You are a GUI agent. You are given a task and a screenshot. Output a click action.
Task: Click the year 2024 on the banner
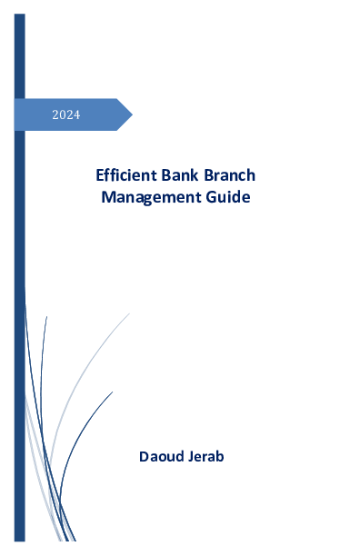click(x=65, y=114)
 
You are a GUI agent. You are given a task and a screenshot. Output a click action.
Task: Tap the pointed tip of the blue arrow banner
click(x=131, y=114)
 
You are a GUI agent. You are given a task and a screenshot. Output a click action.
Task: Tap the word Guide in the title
click(x=228, y=195)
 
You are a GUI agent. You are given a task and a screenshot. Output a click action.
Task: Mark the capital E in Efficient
click(x=100, y=174)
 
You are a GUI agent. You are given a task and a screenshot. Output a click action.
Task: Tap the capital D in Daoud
click(x=144, y=455)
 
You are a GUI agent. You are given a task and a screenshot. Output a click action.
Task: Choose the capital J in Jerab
click(x=191, y=455)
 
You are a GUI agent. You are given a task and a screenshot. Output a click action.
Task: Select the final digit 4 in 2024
click(x=76, y=114)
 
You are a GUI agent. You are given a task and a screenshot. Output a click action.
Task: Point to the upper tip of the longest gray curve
click(x=129, y=313)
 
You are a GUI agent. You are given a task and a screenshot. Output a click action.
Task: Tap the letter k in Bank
click(x=195, y=174)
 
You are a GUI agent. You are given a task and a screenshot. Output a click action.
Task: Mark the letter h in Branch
click(x=250, y=174)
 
